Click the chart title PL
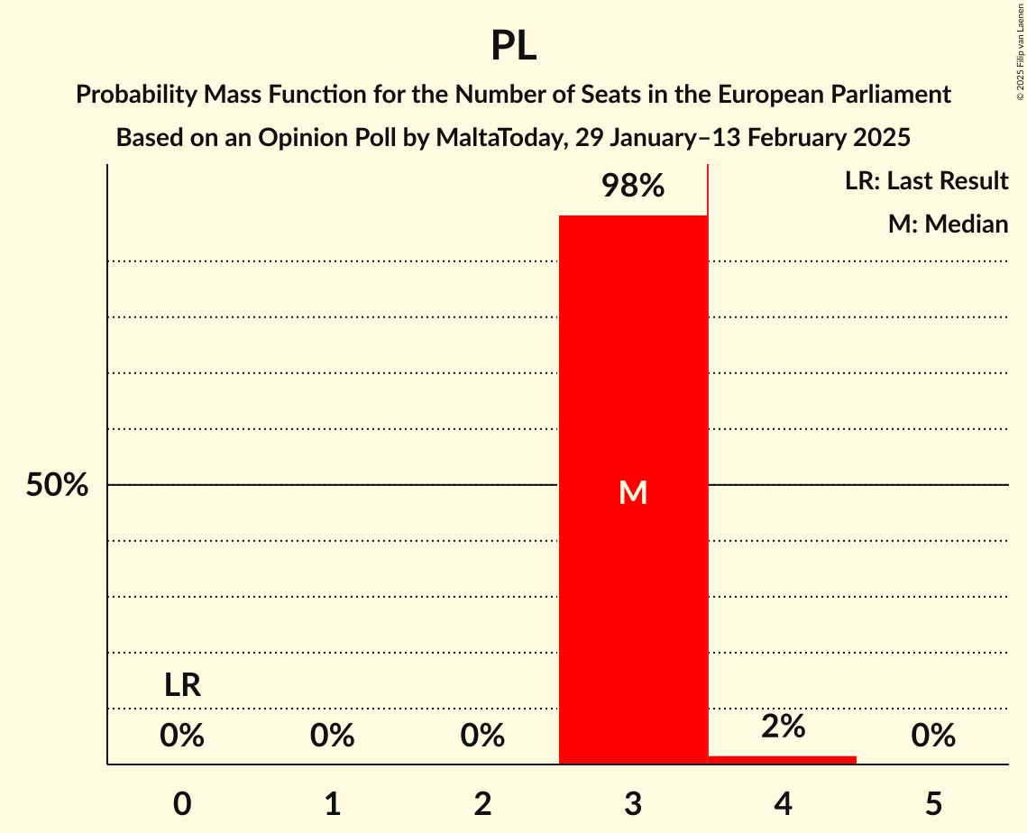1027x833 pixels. [x=513, y=45]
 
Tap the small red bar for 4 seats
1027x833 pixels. [x=783, y=760]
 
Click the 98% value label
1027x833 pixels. [x=633, y=187]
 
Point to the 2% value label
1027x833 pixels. [x=783, y=727]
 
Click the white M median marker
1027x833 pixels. [x=633, y=492]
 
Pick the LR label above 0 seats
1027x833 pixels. [x=182, y=686]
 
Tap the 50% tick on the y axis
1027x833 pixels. [x=57, y=485]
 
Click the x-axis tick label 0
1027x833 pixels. [x=182, y=803]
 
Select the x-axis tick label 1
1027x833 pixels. [x=332, y=803]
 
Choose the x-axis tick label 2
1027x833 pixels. [x=482, y=803]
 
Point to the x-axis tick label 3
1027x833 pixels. [x=633, y=803]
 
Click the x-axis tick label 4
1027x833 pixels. [x=783, y=803]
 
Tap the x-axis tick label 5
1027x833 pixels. [x=933, y=803]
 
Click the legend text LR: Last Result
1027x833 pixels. [x=926, y=181]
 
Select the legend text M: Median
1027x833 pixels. [x=948, y=224]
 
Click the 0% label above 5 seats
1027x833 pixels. [x=933, y=737]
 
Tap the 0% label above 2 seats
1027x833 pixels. [x=482, y=737]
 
